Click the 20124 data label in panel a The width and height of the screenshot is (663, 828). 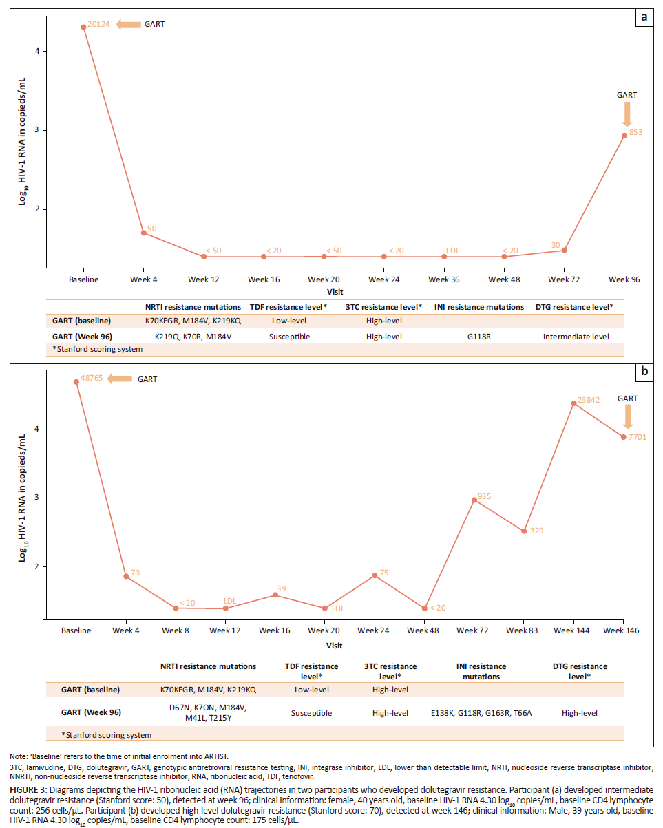tap(99, 25)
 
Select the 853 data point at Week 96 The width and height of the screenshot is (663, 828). tap(624, 136)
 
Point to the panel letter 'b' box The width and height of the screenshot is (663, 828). tap(644, 372)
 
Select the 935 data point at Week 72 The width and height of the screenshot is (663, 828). tap(474, 500)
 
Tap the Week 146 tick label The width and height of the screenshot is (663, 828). tap(623, 630)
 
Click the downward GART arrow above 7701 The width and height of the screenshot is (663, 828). tap(627, 416)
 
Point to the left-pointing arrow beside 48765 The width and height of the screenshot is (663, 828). tap(120, 379)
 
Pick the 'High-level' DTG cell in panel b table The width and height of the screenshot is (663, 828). tap(579, 713)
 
